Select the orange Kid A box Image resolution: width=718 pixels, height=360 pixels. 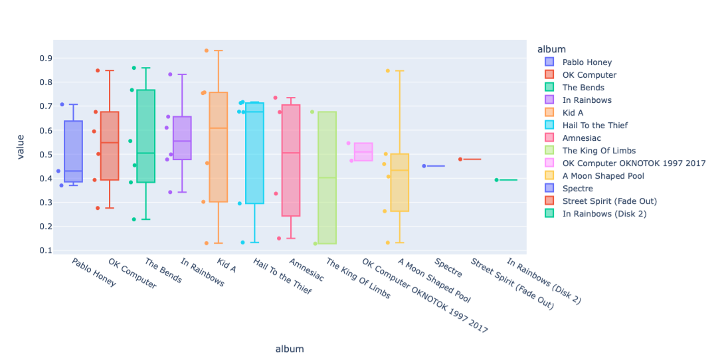[x=218, y=147]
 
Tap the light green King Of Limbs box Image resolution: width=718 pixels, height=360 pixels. [x=327, y=177]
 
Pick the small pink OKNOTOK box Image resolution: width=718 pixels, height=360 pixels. [x=363, y=151]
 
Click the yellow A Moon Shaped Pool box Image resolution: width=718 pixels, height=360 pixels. [x=399, y=183]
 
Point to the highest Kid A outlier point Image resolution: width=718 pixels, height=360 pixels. [x=206, y=50]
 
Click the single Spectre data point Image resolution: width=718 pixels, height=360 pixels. [x=424, y=166]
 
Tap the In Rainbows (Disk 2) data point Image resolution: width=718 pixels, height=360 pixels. [x=496, y=180]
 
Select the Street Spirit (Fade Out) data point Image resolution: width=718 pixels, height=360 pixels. [x=460, y=159]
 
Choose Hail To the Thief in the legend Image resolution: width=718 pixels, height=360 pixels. [x=594, y=126]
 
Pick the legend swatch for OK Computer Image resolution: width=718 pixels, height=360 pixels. [x=549, y=75]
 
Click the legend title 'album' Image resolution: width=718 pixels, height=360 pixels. [x=552, y=49]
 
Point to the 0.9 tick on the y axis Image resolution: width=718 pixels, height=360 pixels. [x=45, y=58]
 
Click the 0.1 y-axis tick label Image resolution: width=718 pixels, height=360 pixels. [x=45, y=250]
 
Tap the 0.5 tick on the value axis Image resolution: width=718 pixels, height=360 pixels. [x=45, y=155]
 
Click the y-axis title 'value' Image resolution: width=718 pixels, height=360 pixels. [x=21, y=145]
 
